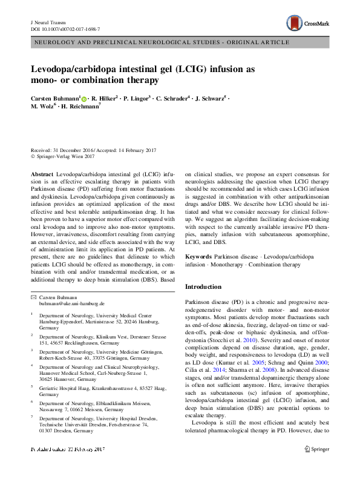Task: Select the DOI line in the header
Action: tap(65, 28)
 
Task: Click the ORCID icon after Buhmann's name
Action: tap(83, 97)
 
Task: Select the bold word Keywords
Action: tap(198, 257)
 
